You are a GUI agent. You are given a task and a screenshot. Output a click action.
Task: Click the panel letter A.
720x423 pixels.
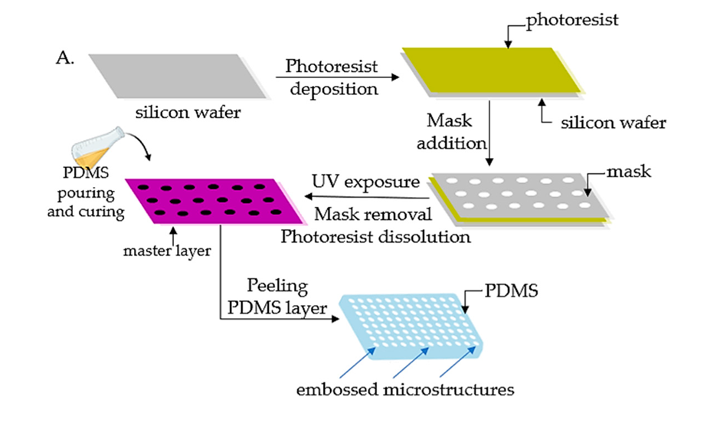coord(66,58)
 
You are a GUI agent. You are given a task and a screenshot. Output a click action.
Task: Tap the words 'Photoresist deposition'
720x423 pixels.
coord(332,77)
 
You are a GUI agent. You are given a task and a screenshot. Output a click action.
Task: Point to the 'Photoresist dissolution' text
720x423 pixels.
coord(375,236)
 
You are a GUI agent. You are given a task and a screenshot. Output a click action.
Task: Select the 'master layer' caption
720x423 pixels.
coord(167,248)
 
